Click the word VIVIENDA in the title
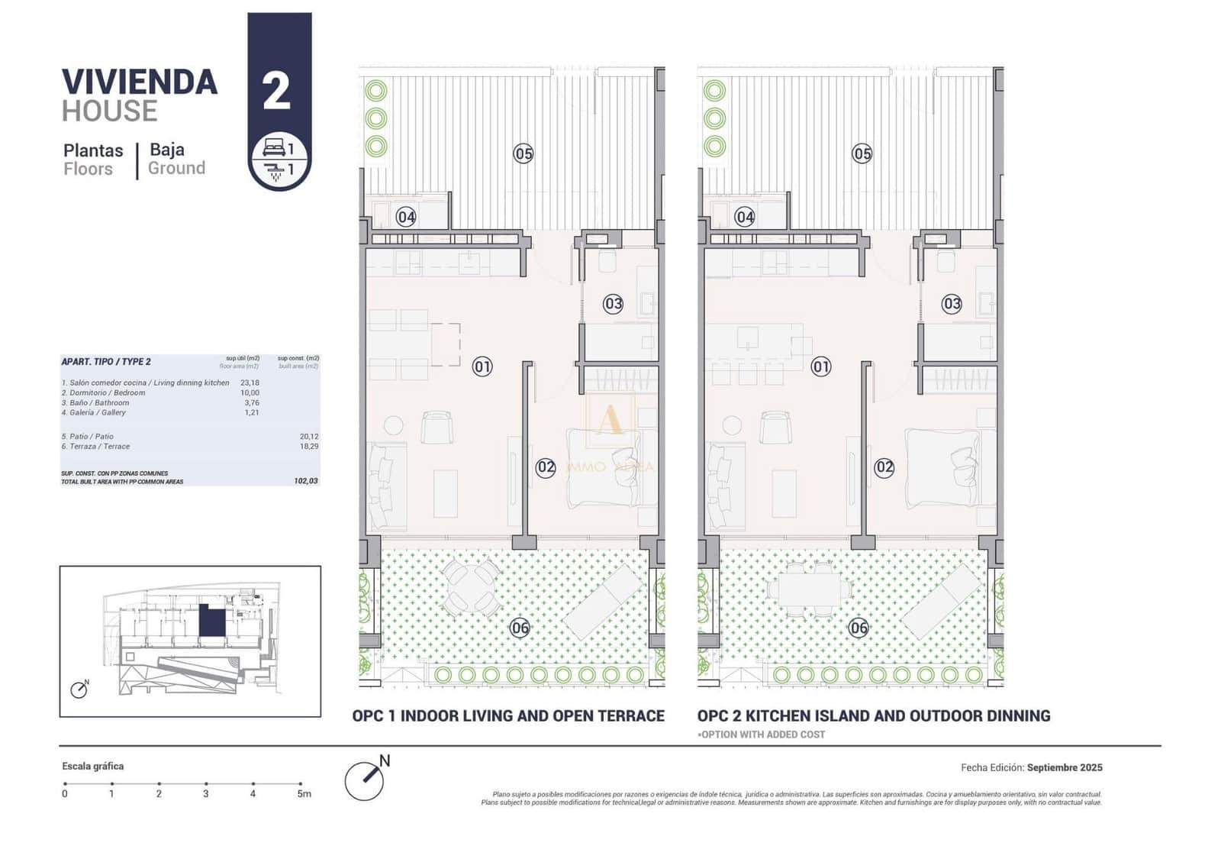[140, 82]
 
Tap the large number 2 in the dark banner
[276, 91]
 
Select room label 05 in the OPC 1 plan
[523, 153]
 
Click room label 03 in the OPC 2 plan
[952, 304]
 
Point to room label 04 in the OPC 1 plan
[406, 217]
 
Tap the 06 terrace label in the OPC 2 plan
[859, 628]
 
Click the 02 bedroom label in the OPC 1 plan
[546, 467]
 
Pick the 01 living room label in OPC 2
[821, 366]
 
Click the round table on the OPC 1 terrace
[472, 587]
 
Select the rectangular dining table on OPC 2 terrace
[810, 589]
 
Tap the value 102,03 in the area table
[306, 481]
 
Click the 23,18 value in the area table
[250, 383]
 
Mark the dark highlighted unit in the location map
[211, 620]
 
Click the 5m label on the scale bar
[304, 794]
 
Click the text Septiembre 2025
[1065, 767]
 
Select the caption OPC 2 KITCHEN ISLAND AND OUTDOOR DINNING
[874, 715]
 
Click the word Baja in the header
[167, 150]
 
